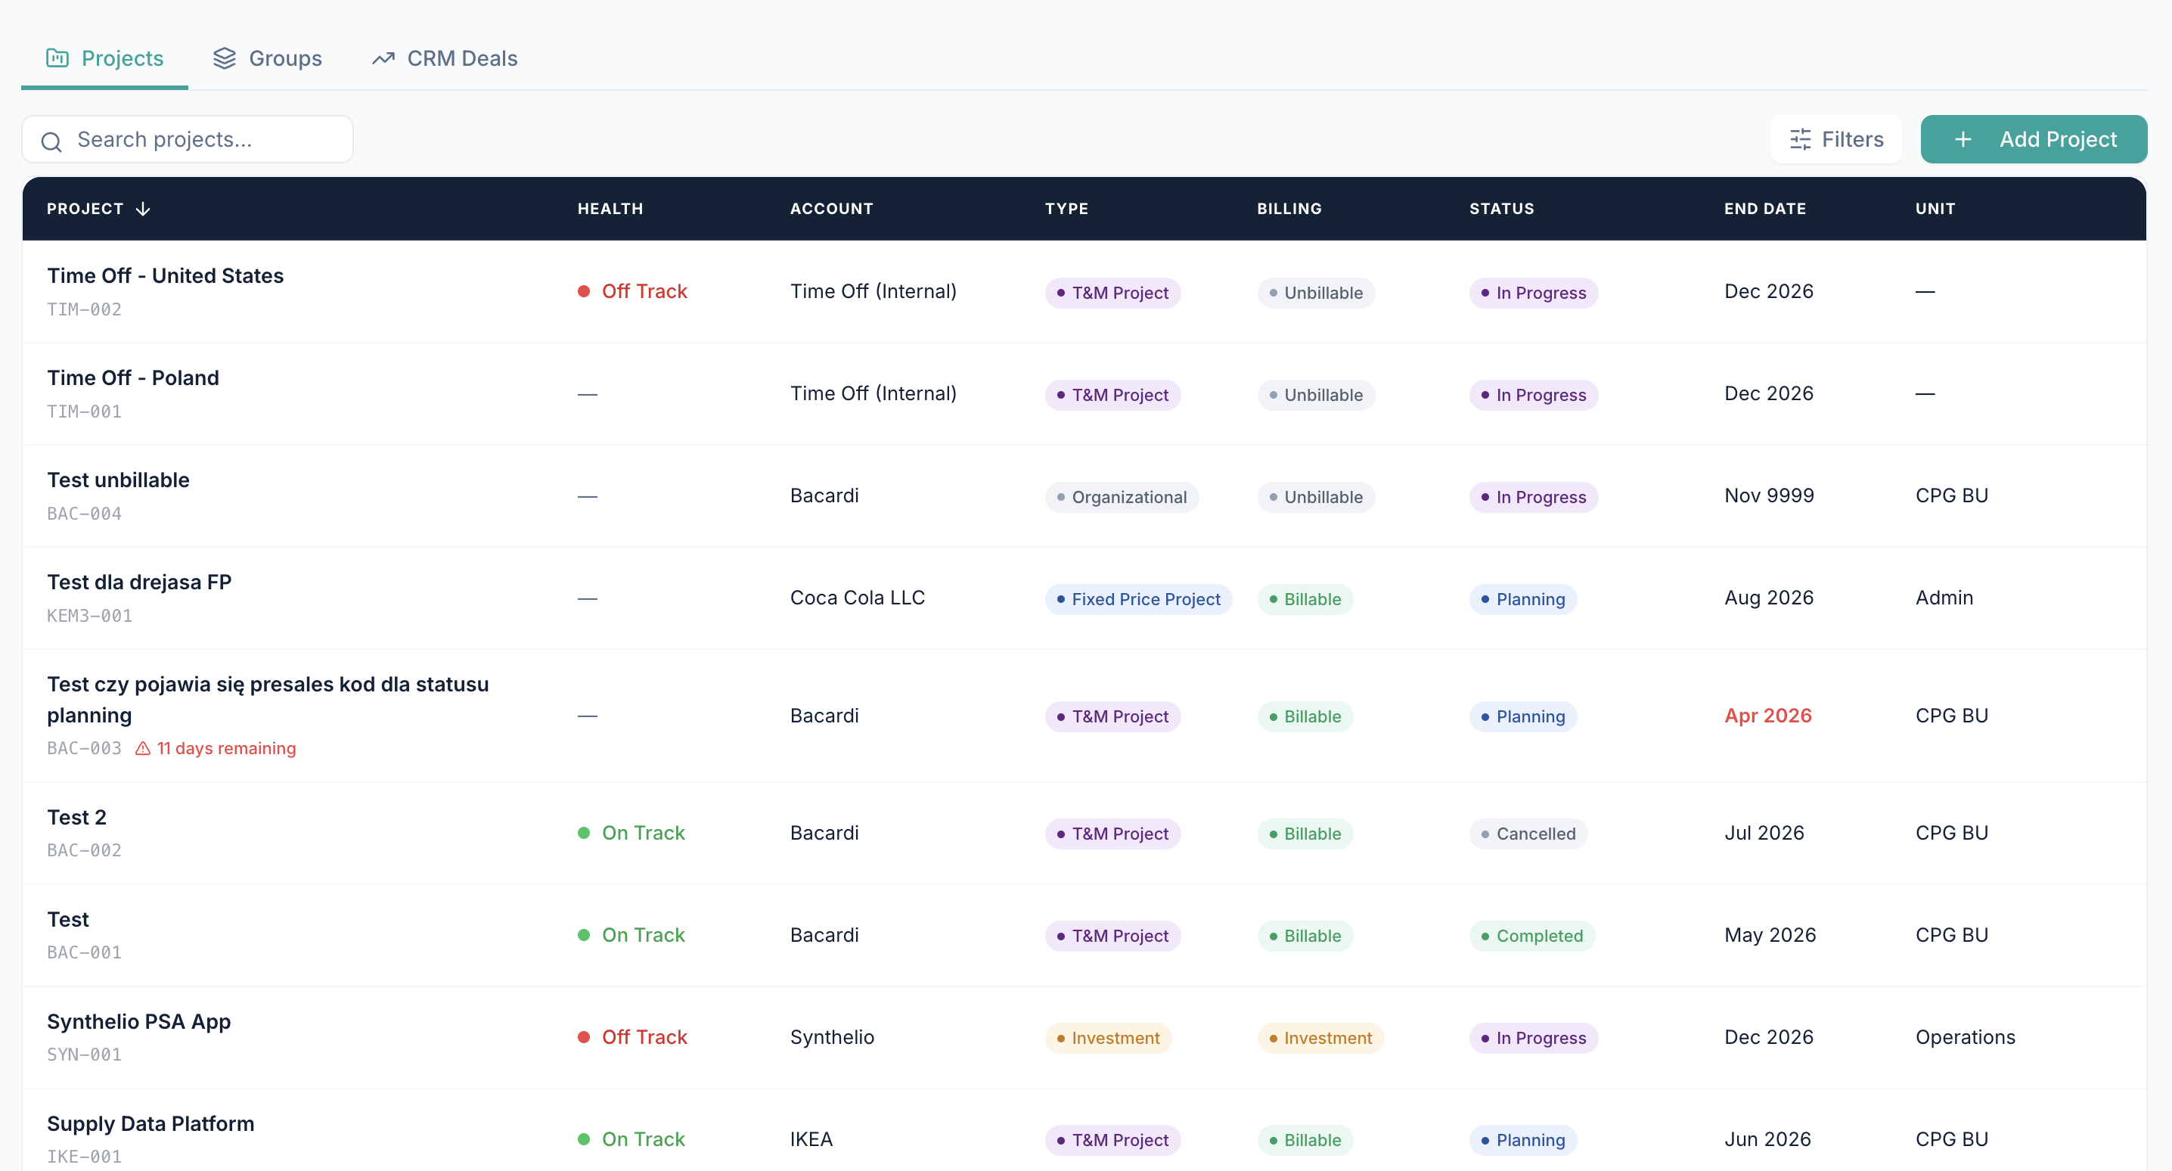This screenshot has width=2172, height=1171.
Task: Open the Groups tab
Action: point(267,58)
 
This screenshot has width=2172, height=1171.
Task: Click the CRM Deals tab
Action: point(445,58)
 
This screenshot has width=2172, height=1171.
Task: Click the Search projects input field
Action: point(188,139)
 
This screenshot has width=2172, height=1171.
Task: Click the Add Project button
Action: point(2033,139)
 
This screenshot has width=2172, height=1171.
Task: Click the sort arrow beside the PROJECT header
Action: point(144,208)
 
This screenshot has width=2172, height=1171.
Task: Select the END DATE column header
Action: point(1765,208)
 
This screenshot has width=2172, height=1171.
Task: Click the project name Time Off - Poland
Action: point(133,378)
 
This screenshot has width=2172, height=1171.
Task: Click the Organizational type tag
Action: point(1122,497)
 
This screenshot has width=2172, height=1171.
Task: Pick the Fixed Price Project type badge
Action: point(1138,599)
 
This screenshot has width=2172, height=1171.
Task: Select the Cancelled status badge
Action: point(1528,834)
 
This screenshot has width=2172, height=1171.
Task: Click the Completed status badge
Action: point(1531,936)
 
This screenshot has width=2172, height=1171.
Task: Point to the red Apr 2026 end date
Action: point(1768,716)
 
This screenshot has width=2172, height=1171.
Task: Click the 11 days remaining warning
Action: point(216,748)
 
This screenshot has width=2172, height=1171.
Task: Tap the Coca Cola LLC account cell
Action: point(858,598)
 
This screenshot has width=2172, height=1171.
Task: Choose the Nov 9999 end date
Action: point(1769,495)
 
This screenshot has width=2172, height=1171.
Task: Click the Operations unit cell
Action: point(1966,1037)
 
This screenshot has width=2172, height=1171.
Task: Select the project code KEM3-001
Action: point(89,616)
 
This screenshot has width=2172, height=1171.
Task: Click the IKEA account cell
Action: point(811,1139)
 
